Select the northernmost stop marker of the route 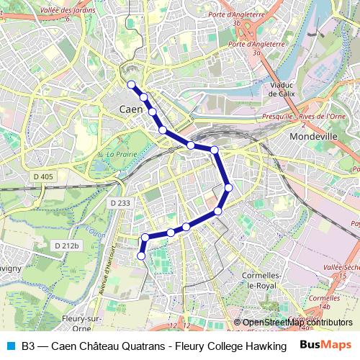pos(132,85)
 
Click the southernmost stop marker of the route pos(141,256)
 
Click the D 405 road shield pos(43,176)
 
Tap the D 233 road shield pos(121,204)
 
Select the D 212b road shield pos(66,246)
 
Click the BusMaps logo pos(324,345)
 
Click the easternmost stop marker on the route pos(229,188)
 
